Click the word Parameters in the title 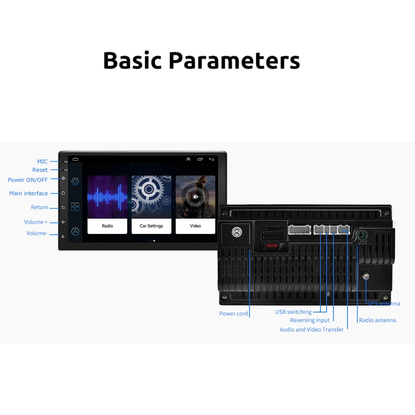click(x=234, y=61)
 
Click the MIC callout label click(x=42, y=161)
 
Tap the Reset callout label click(x=40, y=170)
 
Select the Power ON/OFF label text click(x=28, y=180)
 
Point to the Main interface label click(x=29, y=193)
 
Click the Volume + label click(x=36, y=222)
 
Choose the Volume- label click(x=37, y=233)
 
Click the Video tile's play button click(x=195, y=197)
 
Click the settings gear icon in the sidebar click(x=75, y=181)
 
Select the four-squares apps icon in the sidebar click(x=75, y=207)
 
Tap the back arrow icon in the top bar click(x=212, y=159)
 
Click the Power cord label click(x=234, y=314)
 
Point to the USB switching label click(x=293, y=312)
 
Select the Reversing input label click(x=310, y=320)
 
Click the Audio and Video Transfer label click(x=312, y=330)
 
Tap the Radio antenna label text click(x=377, y=320)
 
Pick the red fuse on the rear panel click(x=272, y=246)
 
